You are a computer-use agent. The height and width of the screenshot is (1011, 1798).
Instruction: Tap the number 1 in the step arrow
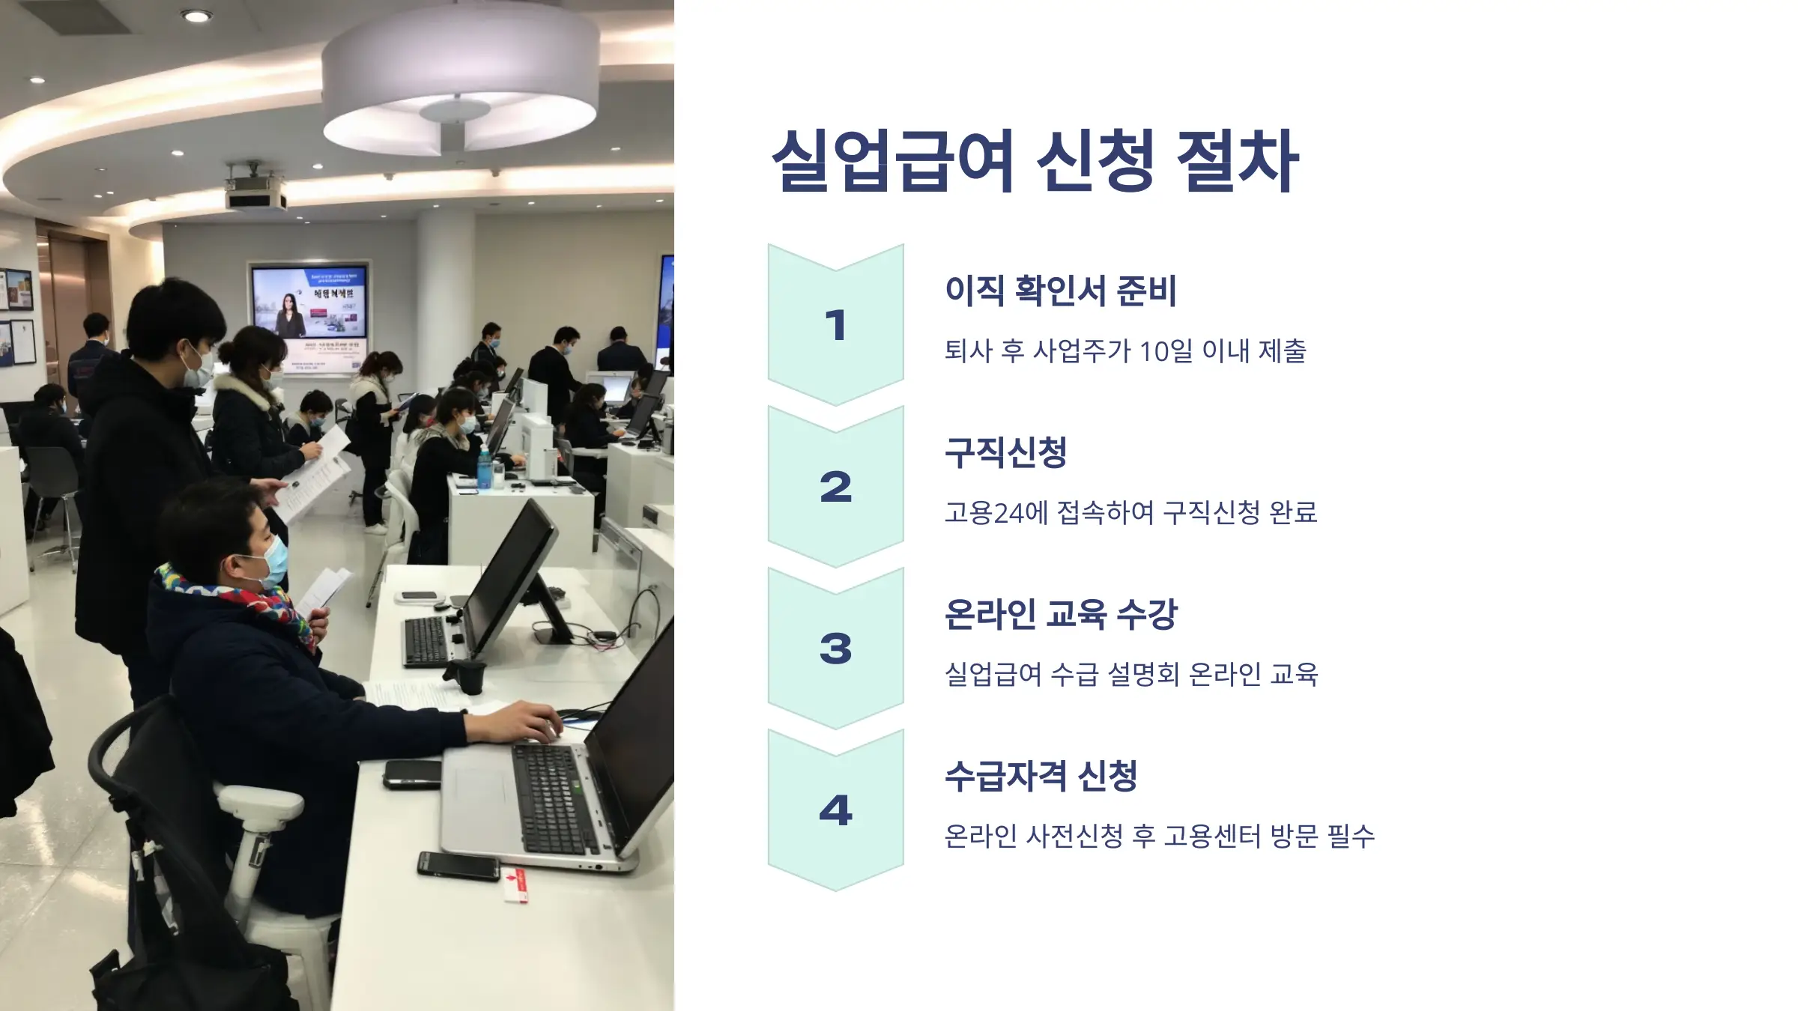point(835,326)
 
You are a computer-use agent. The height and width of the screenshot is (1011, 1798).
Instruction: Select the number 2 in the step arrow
point(835,488)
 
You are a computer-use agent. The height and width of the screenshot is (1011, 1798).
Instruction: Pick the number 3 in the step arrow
point(835,649)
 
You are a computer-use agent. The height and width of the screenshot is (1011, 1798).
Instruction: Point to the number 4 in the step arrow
point(835,810)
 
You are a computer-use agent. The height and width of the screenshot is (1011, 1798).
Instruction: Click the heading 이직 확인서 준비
point(1060,291)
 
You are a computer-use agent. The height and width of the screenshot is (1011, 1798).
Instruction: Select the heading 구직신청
point(1005,452)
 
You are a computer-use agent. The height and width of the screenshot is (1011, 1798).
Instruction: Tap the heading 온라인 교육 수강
point(1060,614)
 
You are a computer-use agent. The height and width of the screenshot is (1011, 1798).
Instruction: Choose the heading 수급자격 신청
point(1041,776)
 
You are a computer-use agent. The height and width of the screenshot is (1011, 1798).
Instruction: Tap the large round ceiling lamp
point(460,79)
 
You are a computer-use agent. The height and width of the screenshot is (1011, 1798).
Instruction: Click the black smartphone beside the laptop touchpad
point(412,774)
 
